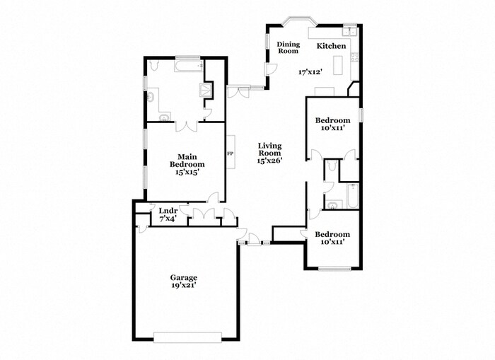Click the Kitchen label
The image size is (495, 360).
331,46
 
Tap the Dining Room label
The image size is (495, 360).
288,47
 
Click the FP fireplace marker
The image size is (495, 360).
229,153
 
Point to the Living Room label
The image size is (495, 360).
269,149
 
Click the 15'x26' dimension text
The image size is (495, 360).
269,161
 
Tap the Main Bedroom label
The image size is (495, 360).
187,161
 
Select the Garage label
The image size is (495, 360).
183,277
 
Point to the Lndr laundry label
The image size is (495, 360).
168,211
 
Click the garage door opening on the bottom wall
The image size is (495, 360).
187,335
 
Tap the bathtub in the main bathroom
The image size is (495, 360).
188,67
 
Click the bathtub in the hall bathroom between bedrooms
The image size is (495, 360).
351,195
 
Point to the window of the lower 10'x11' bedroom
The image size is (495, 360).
334,268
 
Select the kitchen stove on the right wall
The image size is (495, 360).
355,65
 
